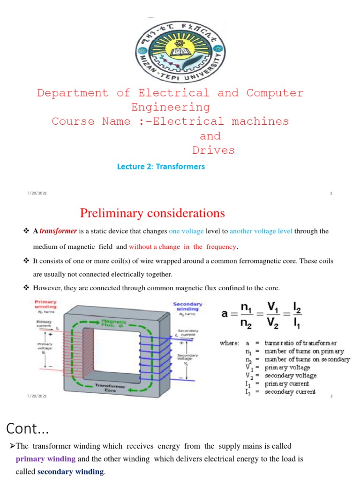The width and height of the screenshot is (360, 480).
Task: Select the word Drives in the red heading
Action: pyautogui.click(x=213, y=150)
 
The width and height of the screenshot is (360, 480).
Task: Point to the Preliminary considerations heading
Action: pyautogui.click(x=152, y=213)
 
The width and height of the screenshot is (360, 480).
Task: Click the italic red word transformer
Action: pyautogui.click(x=58, y=231)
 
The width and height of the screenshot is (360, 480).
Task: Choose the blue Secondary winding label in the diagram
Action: pyautogui.click(x=188, y=306)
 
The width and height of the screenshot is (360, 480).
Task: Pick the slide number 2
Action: pyautogui.click(x=331, y=397)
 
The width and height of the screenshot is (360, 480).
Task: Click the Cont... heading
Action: pyautogui.click(x=28, y=428)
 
